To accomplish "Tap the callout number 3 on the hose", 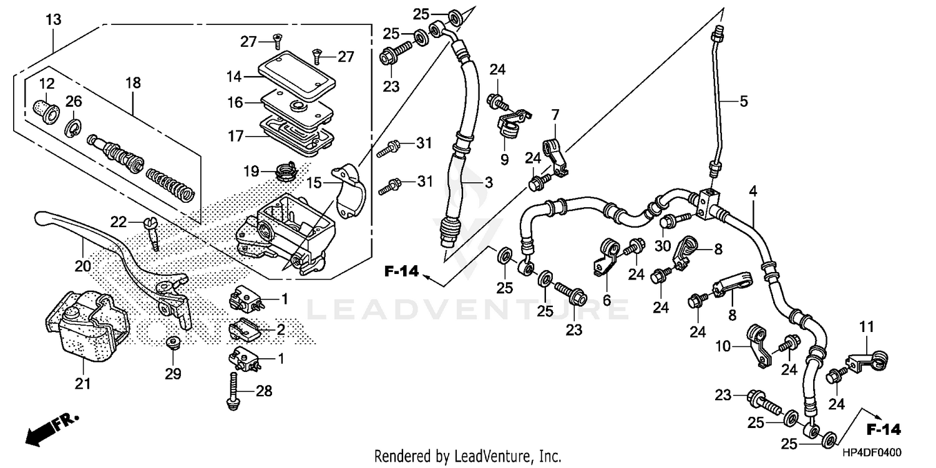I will click(489, 182).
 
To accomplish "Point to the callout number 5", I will click(743, 100).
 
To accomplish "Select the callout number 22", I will click(119, 222).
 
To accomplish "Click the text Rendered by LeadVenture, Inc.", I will click(467, 456).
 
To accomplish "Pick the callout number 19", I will click(251, 170).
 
